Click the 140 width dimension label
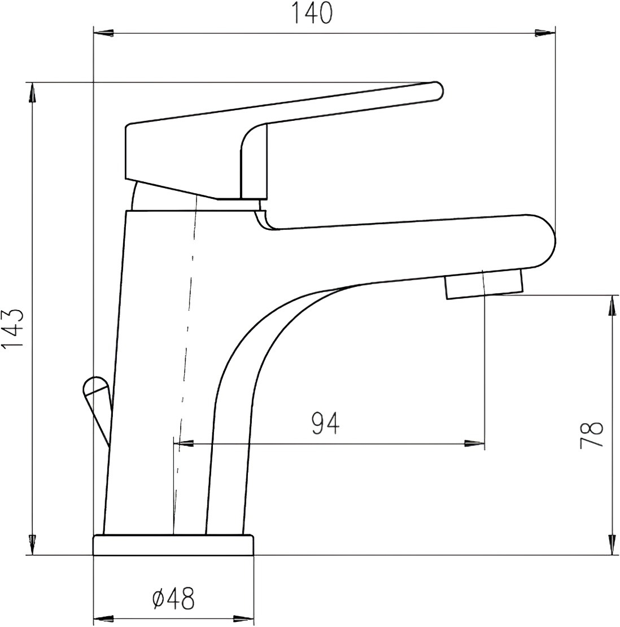[x=313, y=14]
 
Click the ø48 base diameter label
[x=173, y=599]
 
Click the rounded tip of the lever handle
[x=436, y=90]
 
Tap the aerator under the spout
[x=484, y=284]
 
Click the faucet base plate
[x=173, y=545]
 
